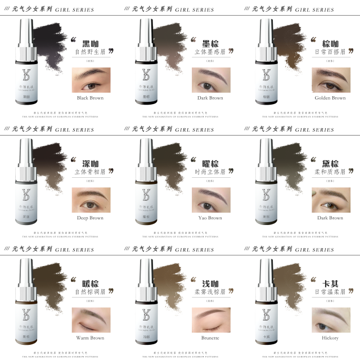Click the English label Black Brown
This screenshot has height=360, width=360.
point(91,98)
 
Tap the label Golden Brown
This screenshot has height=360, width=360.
point(330,98)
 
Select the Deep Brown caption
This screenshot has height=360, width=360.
point(91,218)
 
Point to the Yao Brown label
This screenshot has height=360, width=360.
point(210,218)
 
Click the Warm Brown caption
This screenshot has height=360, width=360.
point(91,338)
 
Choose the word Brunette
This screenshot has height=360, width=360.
point(210,338)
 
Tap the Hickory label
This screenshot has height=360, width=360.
point(330,338)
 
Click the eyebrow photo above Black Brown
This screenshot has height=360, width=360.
point(91,80)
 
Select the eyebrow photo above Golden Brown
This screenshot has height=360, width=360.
point(330,80)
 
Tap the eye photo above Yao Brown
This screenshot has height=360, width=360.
point(210,200)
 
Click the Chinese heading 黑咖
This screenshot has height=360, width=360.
point(91,44)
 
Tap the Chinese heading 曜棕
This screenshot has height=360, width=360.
point(210,164)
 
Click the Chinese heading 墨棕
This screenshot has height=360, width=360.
point(210,44)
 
